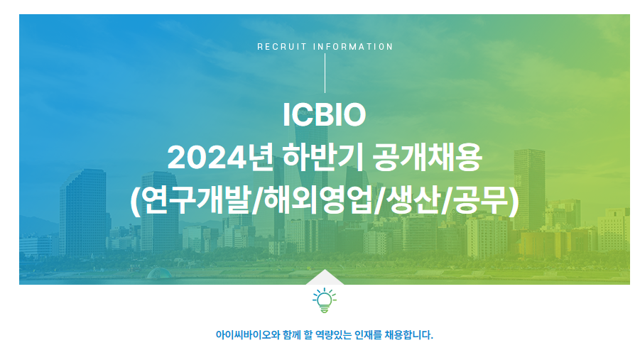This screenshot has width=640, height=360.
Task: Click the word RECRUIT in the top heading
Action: click(281, 47)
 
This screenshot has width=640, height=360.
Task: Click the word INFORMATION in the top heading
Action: click(352, 47)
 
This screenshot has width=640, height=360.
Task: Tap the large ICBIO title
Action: click(325, 115)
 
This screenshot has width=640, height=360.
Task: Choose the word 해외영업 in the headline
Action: click(318, 201)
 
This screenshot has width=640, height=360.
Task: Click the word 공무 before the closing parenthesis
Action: click(482, 201)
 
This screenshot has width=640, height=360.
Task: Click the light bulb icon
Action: click(325, 300)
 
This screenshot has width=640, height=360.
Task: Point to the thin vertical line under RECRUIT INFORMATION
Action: click(325, 73)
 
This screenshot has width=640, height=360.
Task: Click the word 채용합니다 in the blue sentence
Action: click(408, 335)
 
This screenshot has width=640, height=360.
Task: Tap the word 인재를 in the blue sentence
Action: click(368, 335)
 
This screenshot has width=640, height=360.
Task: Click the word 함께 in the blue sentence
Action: click(292, 335)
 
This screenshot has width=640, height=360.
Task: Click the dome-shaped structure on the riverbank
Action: click(159, 273)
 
